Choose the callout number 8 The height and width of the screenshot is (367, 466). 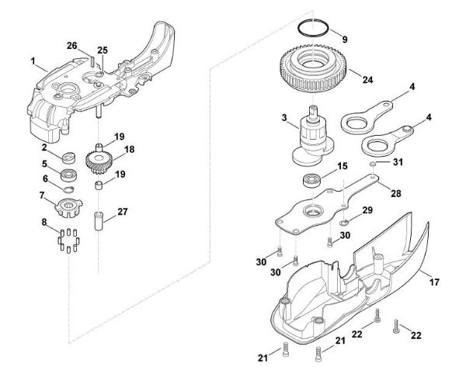43,222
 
